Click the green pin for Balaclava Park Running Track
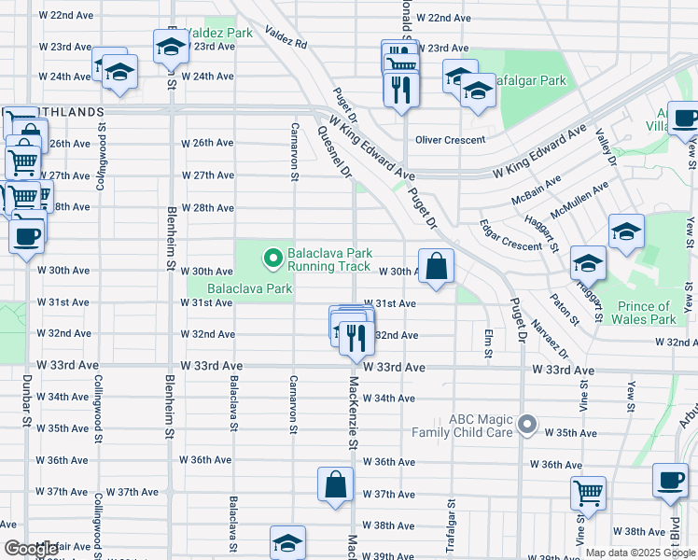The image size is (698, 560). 272,257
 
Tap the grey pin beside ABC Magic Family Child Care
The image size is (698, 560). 528,426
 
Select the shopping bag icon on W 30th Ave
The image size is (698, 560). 436,267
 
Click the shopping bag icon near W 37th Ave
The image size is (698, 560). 335,485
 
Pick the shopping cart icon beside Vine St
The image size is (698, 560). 588,492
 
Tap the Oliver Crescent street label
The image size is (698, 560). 450,140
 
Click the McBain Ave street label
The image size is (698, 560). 536,193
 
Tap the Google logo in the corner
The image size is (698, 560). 31,549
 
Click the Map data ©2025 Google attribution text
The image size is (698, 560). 639,553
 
